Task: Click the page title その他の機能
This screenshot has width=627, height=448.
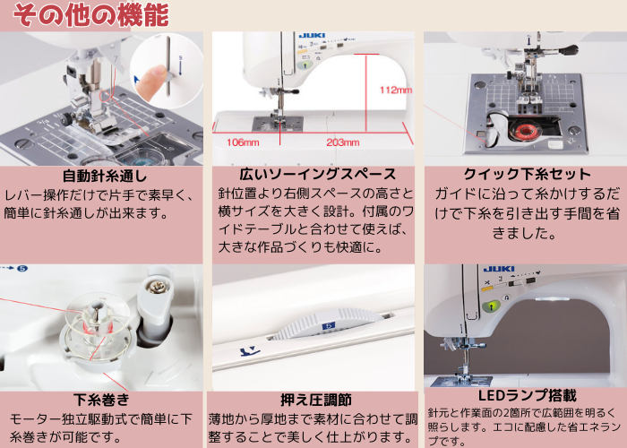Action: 90,15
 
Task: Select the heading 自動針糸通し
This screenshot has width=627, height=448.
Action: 105,175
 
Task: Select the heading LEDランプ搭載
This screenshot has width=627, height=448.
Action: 527,395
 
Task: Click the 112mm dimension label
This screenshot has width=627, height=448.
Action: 395,90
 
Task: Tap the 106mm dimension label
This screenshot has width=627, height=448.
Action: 243,142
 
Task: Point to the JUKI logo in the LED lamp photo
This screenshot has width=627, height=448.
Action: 498,269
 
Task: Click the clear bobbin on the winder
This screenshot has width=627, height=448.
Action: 94,324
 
